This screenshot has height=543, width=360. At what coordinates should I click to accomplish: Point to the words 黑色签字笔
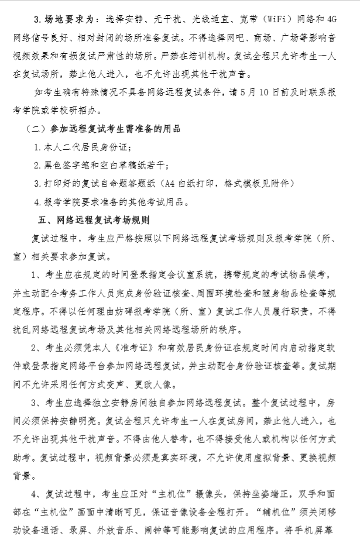tap(68, 166)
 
